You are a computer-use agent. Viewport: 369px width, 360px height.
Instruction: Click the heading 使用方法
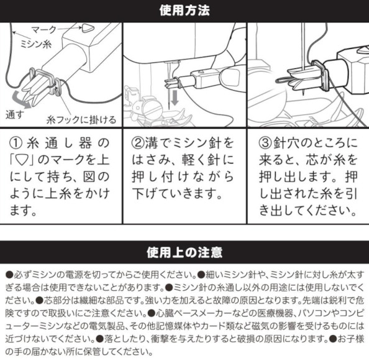coord(184,11)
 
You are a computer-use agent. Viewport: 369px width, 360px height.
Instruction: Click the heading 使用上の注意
coord(184,252)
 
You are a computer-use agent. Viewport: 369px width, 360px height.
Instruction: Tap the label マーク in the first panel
coord(44,30)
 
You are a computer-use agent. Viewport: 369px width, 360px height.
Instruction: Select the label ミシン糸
coord(35,44)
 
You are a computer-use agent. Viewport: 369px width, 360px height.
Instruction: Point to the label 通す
coord(14,115)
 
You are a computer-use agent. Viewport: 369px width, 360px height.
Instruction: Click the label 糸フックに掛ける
coord(81,120)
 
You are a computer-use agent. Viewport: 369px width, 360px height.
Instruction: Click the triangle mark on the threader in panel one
coord(88,29)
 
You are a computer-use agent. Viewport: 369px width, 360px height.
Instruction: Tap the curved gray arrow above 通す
coord(21,99)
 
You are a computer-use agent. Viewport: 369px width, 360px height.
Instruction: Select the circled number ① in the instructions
coord(16,143)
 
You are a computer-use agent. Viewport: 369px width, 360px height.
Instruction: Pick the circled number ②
coord(138,143)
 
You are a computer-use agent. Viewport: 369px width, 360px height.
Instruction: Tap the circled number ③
coord(265,143)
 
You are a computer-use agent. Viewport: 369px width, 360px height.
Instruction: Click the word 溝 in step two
coord(152,143)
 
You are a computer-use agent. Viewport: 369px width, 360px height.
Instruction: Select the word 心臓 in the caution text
coord(164,313)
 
